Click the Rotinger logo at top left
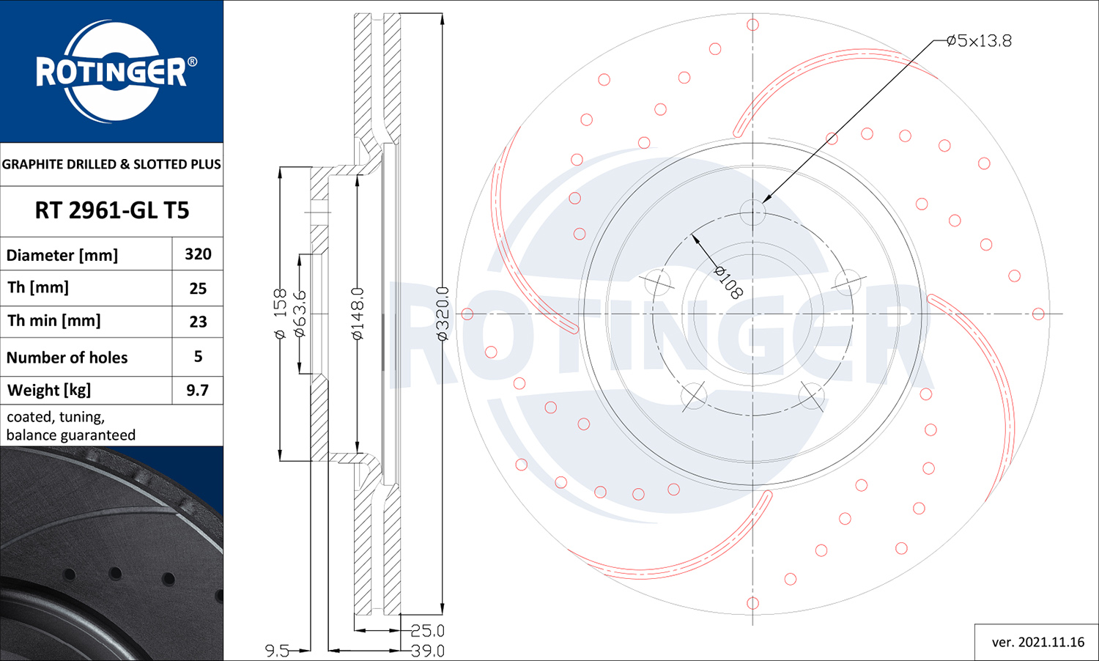point(112,71)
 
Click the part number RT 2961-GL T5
point(112,210)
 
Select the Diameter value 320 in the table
point(198,254)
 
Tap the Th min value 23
point(198,321)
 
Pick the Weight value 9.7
point(197,390)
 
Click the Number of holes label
point(67,358)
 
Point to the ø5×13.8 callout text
point(978,41)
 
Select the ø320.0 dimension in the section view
point(443,314)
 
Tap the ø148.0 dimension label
point(358,314)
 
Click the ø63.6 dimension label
point(300,314)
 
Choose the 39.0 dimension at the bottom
point(427,650)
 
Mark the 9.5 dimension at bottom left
point(277,650)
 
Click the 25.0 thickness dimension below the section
point(427,630)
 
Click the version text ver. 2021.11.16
point(1037,642)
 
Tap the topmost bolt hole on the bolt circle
point(752,213)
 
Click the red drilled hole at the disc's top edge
point(752,25)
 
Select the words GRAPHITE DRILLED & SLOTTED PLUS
point(111,164)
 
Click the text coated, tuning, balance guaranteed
point(71,426)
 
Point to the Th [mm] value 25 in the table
point(198,288)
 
